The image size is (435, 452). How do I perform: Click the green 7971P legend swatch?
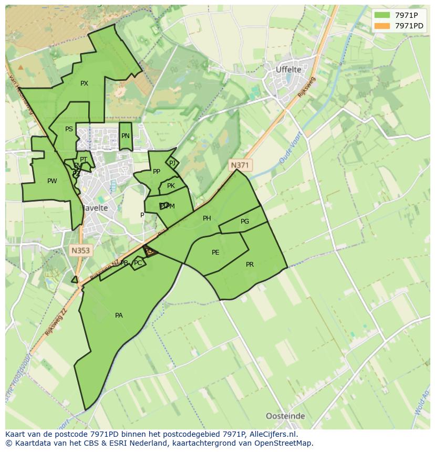coord(382,15)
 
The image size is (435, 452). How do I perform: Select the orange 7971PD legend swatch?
coord(382,26)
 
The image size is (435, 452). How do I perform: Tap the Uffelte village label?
coord(288,69)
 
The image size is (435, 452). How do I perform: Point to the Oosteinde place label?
coord(285,416)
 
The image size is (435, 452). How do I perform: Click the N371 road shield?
coord(240,165)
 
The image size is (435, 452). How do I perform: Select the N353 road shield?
coord(80,251)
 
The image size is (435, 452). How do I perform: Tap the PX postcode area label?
coord(84,83)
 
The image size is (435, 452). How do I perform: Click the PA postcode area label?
coord(119,316)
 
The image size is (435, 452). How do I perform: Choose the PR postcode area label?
coord(250,265)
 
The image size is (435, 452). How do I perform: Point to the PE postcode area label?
coord(215,253)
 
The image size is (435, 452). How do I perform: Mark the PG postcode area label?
coord(245,222)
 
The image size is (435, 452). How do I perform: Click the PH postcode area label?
coord(207,218)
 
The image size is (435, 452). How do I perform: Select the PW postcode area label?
coord(52,181)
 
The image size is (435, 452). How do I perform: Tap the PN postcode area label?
coord(125,136)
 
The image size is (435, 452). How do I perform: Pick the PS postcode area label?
coord(69,129)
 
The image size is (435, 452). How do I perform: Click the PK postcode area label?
coord(171,186)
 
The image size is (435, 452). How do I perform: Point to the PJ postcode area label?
coord(172,163)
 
